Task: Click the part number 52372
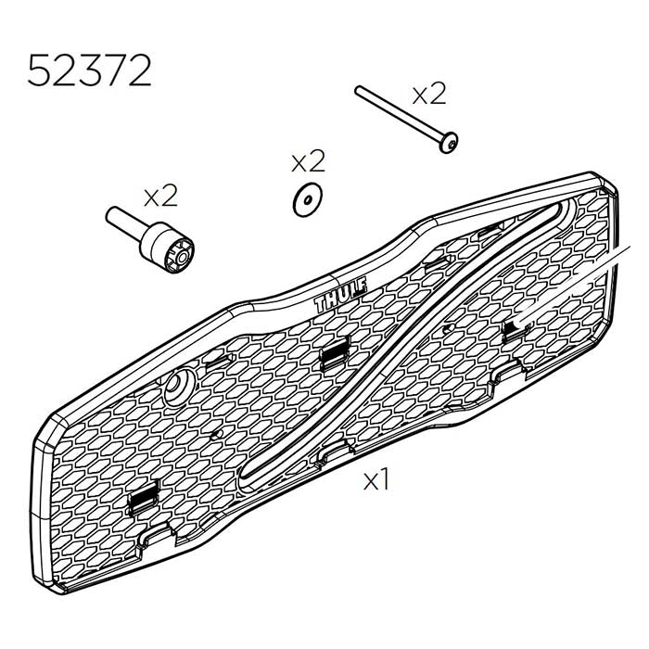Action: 89,70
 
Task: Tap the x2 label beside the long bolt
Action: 428,93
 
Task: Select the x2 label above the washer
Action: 309,162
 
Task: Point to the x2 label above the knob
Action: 159,196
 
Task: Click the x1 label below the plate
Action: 375,480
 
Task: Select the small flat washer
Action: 305,200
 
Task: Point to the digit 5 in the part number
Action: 40,70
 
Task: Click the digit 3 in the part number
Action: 89,70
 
